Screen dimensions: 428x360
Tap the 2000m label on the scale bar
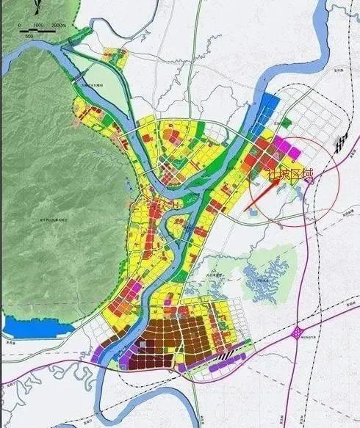(x=58, y=26)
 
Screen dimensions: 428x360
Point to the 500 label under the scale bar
(x=29, y=35)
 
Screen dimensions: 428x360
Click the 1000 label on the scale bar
(x=39, y=26)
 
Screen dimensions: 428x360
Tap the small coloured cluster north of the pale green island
(x=114, y=54)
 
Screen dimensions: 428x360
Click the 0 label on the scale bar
(x=20, y=26)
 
